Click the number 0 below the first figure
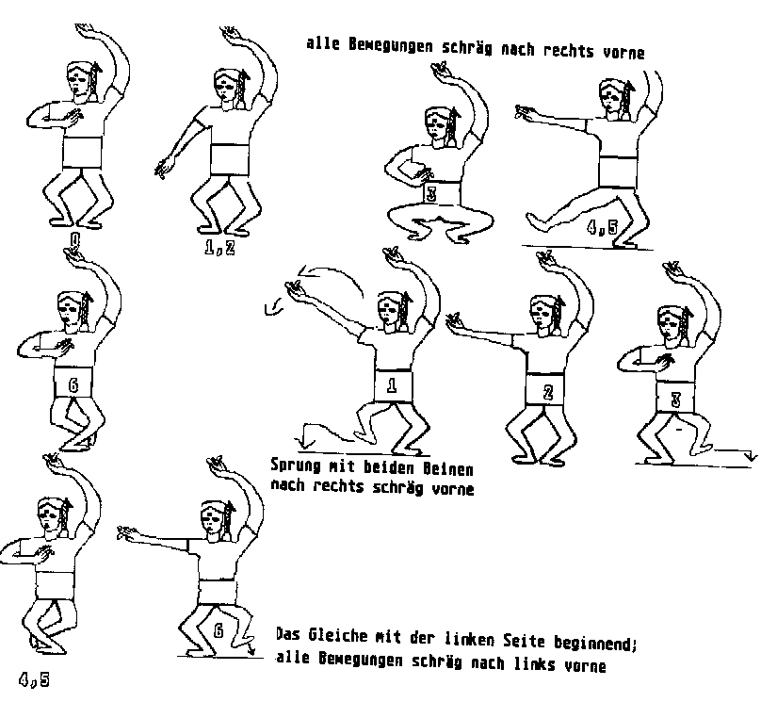75,240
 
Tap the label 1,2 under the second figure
219,248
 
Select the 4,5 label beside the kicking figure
602,227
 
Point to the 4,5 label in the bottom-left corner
35,680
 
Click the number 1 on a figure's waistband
392,385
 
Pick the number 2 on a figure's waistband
548,392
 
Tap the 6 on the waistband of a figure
73,385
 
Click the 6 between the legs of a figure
219,631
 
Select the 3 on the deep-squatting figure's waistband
431,194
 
